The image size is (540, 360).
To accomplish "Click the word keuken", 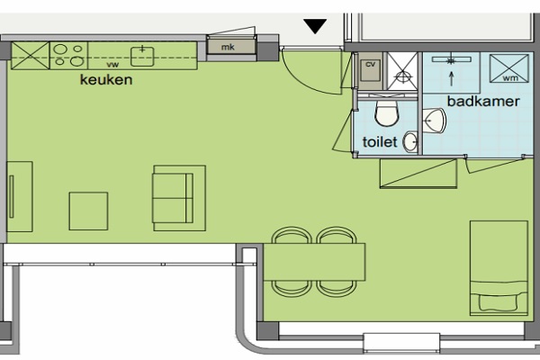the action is [106, 80].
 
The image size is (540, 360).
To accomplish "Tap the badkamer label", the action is [483, 102].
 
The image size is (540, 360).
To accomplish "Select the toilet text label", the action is [380, 142].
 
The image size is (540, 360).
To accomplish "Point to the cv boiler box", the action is [371, 70].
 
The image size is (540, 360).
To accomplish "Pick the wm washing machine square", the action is [509, 68].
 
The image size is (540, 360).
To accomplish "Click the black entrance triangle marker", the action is [315, 26].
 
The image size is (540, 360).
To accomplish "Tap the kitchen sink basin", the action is [142, 57].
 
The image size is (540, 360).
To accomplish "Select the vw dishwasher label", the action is [112, 65].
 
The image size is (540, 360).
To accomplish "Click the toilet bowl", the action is [387, 113].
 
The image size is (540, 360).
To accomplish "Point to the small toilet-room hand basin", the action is [410, 141].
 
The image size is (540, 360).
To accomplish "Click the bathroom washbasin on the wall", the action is [434, 121].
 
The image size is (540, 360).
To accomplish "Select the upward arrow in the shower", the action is [452, 79].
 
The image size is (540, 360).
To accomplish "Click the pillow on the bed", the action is [498, 302].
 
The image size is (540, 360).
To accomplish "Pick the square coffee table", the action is [88, 211].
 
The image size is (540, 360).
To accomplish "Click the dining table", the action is [314, 262].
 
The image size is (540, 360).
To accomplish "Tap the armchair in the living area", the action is [179, 198].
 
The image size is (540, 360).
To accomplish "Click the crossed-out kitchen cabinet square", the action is [31, 56].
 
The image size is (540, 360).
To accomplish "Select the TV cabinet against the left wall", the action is [20, 197].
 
